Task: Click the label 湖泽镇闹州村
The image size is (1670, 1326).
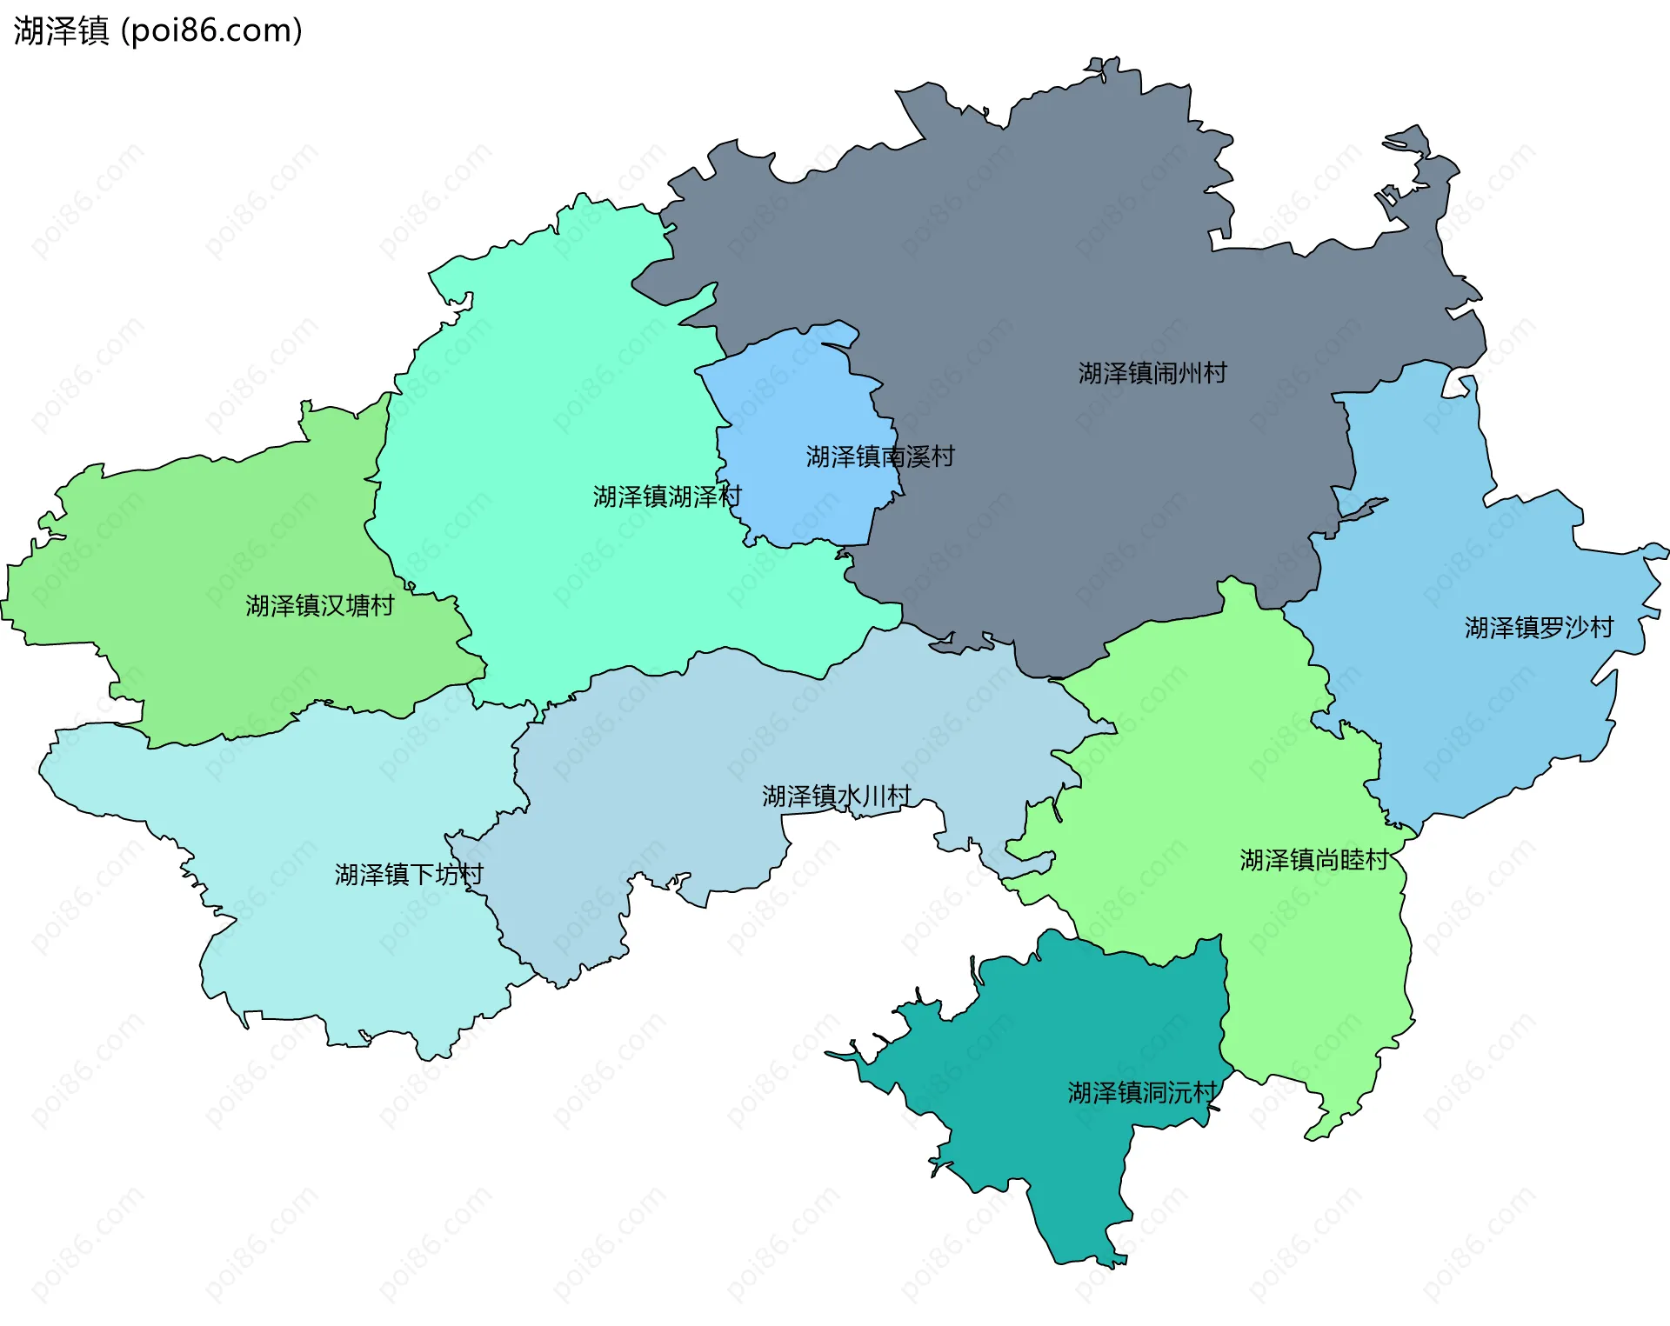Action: (1152, 374)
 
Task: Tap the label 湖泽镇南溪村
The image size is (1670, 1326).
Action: (880, 456)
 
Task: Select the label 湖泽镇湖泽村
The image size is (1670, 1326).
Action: (667, 497)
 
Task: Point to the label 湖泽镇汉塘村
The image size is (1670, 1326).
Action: (319, 606)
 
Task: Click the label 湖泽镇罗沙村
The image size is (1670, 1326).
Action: (1539, 628)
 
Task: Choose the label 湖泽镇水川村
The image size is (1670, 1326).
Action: (837, 796)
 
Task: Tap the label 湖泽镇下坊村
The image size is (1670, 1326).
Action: (409, 875)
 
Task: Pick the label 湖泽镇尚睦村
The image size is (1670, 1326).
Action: (1314, 861)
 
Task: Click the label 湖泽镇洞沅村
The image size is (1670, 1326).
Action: (1142, 1093)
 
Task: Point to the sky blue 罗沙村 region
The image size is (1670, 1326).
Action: (1479, 713)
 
